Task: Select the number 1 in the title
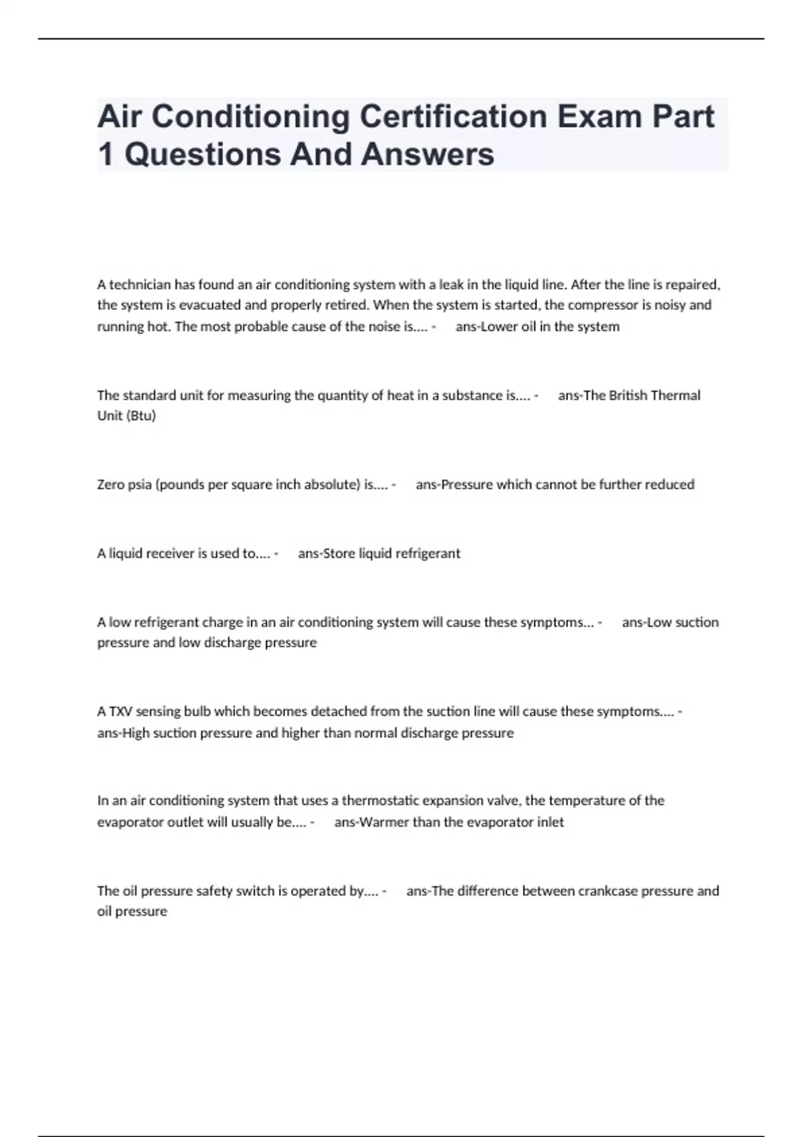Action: [x=105, y=154]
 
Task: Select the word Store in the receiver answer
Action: [x=339, y=554]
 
